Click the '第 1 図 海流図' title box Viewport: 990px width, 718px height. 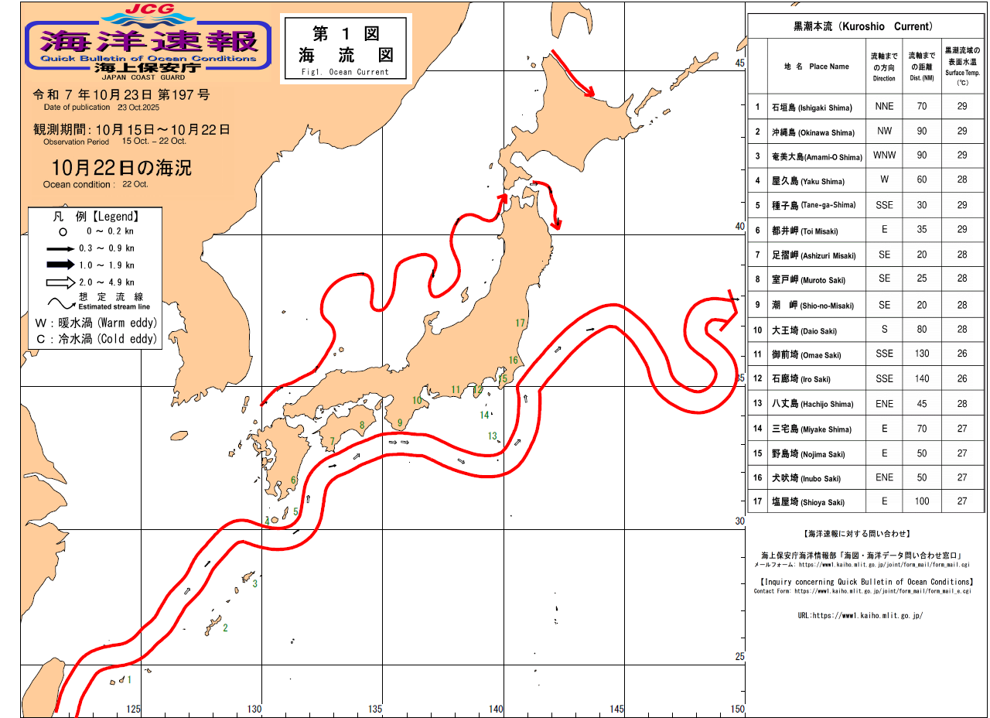coord(346,48)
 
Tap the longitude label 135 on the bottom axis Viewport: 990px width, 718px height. coord(375,709)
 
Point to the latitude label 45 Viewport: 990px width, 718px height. coord(739,63)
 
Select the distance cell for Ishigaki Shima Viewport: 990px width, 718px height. coord(921,107)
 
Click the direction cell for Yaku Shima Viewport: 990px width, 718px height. coord(884,181)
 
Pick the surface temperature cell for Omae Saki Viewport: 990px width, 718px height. coord(961,354)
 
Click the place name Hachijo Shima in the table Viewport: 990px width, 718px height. coord(811,404)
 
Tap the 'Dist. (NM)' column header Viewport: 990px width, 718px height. coord(921,67)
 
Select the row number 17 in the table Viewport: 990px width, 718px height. coord(758,502)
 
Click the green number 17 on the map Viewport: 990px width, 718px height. coord(520,323)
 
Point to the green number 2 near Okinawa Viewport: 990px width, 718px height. coord(225,627)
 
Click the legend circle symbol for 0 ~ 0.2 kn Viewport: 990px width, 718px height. coord(63,231)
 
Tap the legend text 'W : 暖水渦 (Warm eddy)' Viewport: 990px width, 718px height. coord(96,323)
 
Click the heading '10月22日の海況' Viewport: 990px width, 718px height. coord(121,167)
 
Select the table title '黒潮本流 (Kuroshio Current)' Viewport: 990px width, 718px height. coord(863,26)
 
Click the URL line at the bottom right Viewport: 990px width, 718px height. coord(860,616)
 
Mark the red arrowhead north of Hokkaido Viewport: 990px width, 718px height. coord(589,92)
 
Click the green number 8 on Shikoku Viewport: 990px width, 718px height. coord(361,425)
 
